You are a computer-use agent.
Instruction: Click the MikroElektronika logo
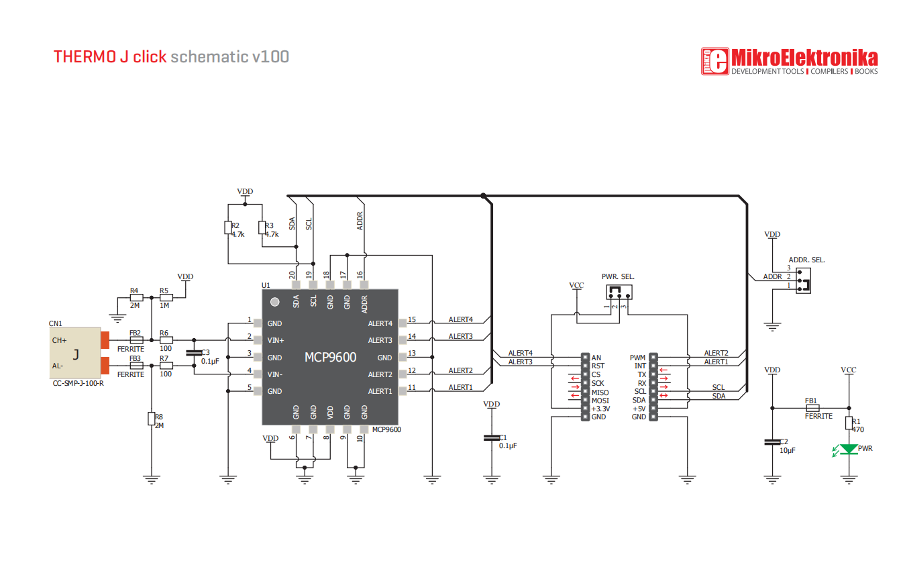(x=789, y=61)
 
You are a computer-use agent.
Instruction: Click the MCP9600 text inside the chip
(x=330, y=358)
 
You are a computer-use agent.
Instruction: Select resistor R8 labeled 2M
(x=151, y=419)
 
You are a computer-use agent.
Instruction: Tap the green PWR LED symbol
(x=849, y=449)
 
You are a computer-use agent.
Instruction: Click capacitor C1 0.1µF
(x=492, y=438)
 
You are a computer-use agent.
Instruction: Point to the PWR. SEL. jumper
(x=618, y=293)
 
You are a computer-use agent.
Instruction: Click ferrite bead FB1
(x=812, y=407)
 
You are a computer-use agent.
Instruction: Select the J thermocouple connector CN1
(x=75, y=354)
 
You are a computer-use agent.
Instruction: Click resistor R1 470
(x=849, y=423)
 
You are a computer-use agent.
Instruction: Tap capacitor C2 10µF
(x=772, y=442)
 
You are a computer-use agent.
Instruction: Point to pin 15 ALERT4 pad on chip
(x=403, y=323)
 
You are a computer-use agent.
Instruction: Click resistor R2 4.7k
(x=228, y=227)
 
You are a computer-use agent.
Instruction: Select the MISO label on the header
(x=600, y=392)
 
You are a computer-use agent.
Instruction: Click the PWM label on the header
(x=638, y=358)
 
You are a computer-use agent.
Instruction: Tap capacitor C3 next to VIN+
(x=194, y=352)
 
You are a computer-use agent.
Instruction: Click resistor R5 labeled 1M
(x=166, y=297)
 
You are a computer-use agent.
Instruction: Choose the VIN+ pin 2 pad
(x=258, y=340)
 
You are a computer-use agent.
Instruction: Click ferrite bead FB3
(x=136, y=366)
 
